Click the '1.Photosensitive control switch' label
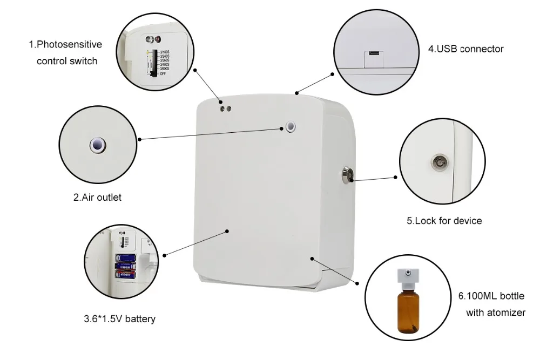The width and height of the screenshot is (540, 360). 65,53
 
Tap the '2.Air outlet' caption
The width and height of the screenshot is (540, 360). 97,198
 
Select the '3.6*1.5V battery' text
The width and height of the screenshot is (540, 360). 119,319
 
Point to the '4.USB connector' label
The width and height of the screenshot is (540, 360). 465,49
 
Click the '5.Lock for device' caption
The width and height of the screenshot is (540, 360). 444,221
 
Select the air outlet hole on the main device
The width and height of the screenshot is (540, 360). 292,126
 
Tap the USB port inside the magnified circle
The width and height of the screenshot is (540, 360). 373,53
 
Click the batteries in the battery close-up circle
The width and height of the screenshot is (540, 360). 126,266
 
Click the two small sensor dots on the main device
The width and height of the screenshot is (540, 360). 225,108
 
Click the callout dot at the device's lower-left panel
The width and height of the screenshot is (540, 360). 227,232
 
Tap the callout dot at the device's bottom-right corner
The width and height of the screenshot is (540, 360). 312,259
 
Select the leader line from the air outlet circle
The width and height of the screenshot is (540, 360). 211,133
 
